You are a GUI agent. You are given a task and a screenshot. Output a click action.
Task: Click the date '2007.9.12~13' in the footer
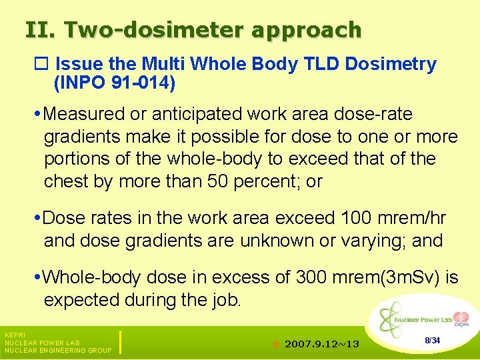coord(321,344)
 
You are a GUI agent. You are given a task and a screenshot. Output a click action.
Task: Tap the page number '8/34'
coord(432,341)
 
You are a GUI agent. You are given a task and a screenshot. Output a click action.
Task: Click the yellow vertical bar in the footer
coord(120,341)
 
